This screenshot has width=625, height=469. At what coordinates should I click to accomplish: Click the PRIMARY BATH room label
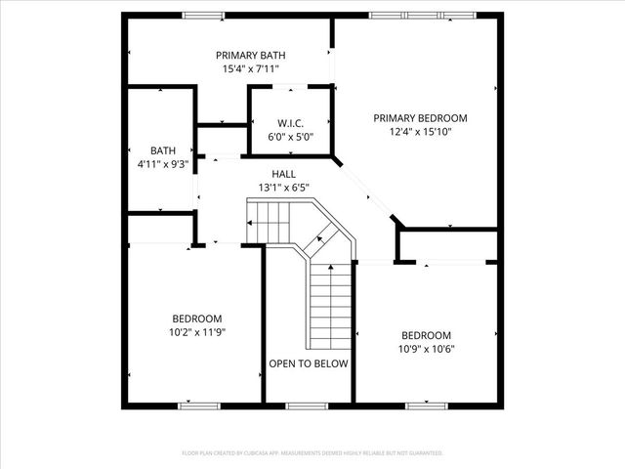251,56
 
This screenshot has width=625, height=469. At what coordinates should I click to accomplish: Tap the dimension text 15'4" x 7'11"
251,69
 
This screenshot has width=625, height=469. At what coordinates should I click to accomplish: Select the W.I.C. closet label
291,123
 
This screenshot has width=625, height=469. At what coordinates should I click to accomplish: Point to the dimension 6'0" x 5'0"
291,137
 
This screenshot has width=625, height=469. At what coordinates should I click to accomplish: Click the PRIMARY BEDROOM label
420,118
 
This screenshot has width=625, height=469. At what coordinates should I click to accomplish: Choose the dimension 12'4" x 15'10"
420,132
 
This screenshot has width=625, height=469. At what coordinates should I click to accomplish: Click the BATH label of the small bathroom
162,150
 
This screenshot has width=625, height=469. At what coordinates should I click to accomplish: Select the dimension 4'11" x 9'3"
162,164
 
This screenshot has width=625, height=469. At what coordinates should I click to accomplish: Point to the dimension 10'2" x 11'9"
197,332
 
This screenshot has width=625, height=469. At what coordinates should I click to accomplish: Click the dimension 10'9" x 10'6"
427,348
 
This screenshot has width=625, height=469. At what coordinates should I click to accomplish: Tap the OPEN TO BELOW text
309,363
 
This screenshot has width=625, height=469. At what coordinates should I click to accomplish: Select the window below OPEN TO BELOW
309,405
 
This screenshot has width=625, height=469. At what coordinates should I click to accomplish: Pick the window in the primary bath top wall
202,15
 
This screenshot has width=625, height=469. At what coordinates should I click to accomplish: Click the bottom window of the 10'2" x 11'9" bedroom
198,405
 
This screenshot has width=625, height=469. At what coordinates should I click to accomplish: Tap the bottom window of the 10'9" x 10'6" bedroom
427,405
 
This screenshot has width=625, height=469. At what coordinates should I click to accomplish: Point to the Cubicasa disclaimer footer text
312,453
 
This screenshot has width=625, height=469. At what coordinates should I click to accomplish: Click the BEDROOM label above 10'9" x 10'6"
427,334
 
